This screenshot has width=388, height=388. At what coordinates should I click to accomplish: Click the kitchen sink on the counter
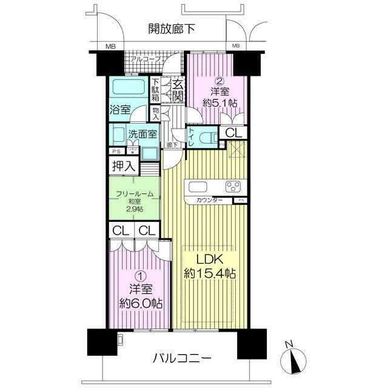199,186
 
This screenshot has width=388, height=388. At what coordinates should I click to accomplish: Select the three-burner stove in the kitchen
233,186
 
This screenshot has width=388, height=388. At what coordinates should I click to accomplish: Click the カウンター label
209,201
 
